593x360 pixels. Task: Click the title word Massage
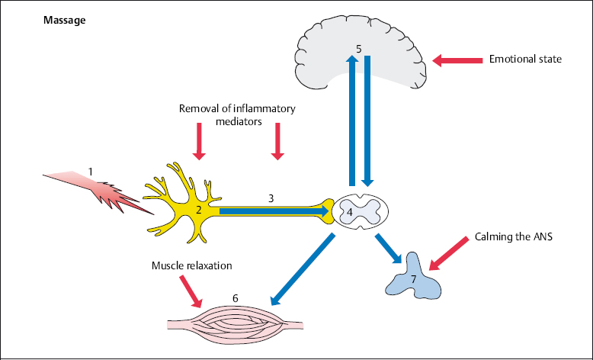[x=65, y=19]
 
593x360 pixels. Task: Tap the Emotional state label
[x=525, y=58]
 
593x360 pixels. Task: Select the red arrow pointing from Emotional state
[x=457, y=59]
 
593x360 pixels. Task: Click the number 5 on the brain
[x=357, y=50]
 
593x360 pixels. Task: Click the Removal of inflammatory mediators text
[x=237, y=114]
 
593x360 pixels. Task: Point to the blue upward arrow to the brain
[x=351, y=122]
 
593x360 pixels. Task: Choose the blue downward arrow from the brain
[x=367, y=122]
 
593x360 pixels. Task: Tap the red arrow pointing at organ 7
[x=450, y=253]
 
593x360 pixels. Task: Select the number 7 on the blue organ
[x=414, y=280]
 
